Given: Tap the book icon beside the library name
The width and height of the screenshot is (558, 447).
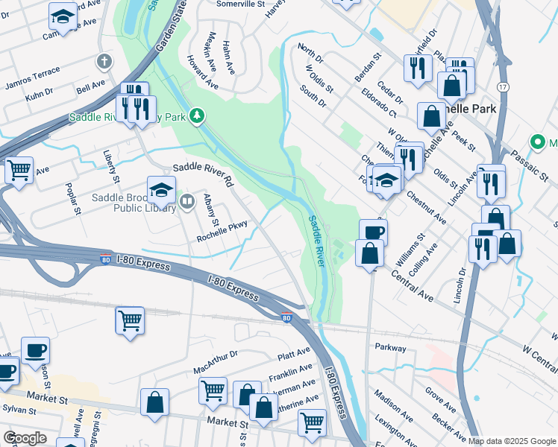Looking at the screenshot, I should pos(188,200).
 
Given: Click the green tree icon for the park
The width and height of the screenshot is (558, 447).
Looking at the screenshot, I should pos(197,115).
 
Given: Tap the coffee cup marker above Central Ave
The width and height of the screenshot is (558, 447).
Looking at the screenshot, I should pos(373,231).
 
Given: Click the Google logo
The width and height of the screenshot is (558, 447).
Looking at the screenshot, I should pos(25,438).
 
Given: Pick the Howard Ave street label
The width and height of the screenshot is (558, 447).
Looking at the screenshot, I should pos(202,73).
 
